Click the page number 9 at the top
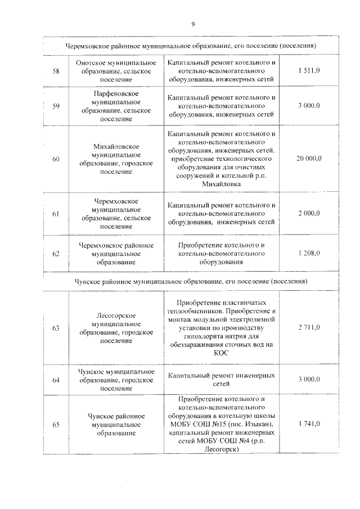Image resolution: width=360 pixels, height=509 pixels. click(x=192, y=24)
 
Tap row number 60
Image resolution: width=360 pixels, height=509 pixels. click(x=56, y=160)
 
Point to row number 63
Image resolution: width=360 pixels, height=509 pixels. click(x=56, y=327)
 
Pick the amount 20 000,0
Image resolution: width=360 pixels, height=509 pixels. click(x=309, y=160)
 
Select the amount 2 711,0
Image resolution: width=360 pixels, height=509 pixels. click(x=309, y=327)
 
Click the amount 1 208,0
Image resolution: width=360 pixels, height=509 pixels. click(x=309, y=254)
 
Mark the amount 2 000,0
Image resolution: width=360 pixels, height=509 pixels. click(x=309, y=213)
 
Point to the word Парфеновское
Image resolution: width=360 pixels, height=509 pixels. click(x=115, y=92)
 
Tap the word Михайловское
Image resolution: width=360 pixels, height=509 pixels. click(x=115, y=146)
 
